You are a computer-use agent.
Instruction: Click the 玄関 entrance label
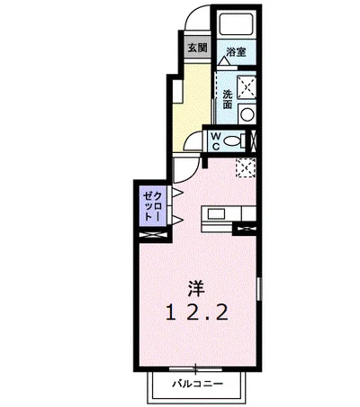point(197,48)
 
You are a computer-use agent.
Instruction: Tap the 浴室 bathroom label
point(236,52)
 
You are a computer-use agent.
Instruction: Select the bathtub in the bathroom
point(235,23)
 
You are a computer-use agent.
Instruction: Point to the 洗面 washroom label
point(228,99)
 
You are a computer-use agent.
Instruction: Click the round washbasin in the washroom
point(247,114)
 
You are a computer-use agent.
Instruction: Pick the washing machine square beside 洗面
point(247,87)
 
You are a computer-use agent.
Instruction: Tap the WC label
point(216,141)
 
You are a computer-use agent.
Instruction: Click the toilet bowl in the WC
point(232,140)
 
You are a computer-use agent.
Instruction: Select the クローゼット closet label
point(152,207)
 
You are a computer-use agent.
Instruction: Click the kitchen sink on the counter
point(216,214)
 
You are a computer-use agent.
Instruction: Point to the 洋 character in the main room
point(196,289)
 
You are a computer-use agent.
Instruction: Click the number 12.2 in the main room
point(196,312)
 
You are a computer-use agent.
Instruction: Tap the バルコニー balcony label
point(197,384)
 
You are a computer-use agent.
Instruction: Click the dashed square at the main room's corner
point(246,168)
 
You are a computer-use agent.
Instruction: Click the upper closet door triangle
point(177,193)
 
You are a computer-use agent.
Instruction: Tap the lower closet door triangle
point(177,220)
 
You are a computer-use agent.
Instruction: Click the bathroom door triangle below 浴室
point(224,61)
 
